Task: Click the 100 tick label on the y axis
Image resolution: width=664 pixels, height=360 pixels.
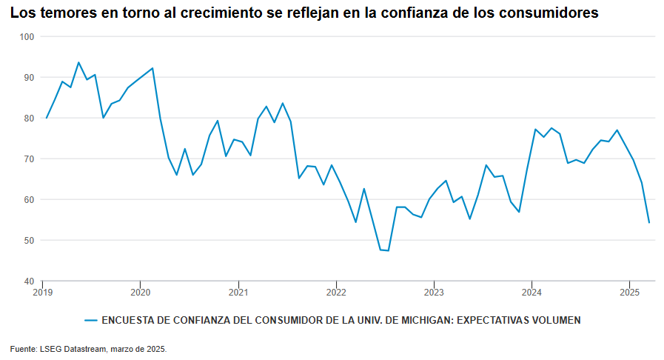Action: click(x=27, y=36)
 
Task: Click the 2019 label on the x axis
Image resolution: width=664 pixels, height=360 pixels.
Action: click(x=43, y=292)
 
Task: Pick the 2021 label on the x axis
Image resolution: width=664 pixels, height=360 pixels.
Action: click(x=238, y=292)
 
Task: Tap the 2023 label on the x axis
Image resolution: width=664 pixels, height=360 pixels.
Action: click(x=434, y=292)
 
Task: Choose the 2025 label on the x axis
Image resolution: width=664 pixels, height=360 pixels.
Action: click(x=629, y=292)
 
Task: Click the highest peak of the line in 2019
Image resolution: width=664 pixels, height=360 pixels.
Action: click(x=78, y=62)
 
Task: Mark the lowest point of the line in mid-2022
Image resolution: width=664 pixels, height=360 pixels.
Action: click(x=388, y=250)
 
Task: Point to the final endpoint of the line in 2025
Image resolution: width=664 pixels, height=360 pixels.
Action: click(x=649, y=222)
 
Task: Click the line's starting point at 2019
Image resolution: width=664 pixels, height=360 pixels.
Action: click(x=47, y=118)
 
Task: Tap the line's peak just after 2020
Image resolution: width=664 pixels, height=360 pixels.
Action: click(x=152, y=68)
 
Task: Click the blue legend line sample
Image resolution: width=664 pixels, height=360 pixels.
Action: click(x=91, y=321)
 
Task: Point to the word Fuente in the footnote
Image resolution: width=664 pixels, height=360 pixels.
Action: click(x=22, y=348)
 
